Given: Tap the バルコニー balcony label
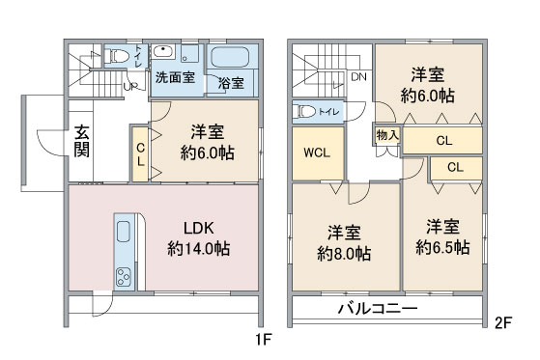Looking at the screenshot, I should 378,310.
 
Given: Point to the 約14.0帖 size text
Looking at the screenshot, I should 198,250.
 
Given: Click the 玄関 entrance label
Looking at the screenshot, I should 83,142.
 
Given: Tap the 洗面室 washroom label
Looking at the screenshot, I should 174,79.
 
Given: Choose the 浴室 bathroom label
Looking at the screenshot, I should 231,83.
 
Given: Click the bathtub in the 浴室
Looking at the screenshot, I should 231,57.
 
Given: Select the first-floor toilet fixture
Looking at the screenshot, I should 120,56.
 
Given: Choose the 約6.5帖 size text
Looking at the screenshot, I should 441,247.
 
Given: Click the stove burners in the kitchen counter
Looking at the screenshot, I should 126,277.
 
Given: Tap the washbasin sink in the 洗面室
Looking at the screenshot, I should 166,52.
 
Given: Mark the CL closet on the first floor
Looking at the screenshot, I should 140,154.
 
